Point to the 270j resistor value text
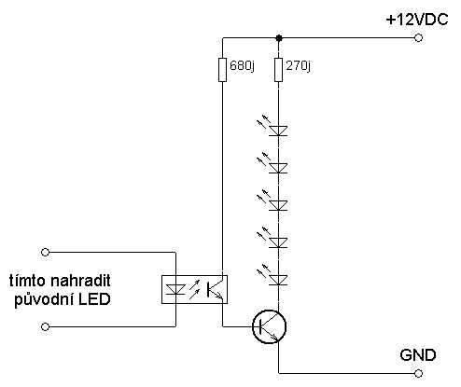click(x=300, y=69)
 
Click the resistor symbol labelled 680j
click(x=222, y=70)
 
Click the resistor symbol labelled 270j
click(x=279, y=70)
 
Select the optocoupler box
click(x=197, y=290)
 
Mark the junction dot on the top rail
click(x=279, y=37)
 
